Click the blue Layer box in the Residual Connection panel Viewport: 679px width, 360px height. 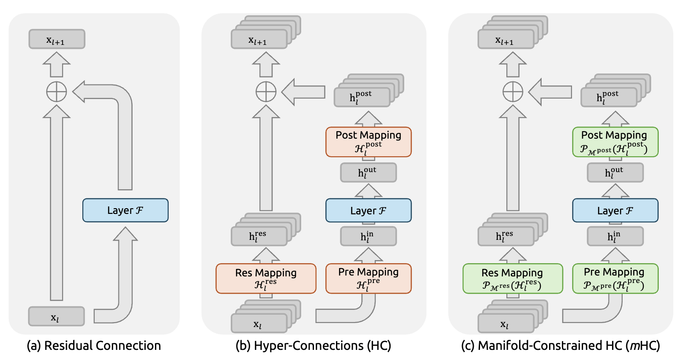pyautogui.click(x=125, y=210)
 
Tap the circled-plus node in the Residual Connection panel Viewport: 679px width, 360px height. pyautogui.click(x=57, y=92)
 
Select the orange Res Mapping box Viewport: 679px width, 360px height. pyautogui.click(x=266, y=278)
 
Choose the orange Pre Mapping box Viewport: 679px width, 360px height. pyautogui.click(x=369, y=278)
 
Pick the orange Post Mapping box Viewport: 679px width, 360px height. pyautogui.click(x=369, y=142)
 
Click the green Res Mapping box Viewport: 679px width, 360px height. pyautogui.click(x=513, y=278)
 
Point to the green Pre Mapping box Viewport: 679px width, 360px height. pyautogui.click(x=615, y=278)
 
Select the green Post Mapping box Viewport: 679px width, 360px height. pyautogui.click(x=615, y=142)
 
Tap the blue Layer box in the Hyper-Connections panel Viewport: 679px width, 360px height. pyautogui.click(x=369, y=210)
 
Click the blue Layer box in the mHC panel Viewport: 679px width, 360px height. pyautogui.click(x=615, y=210)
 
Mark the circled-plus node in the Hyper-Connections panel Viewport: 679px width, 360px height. pyautogui.click(x=266, y=92)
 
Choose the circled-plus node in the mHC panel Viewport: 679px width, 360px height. pyautogui.click(x=513, y=92)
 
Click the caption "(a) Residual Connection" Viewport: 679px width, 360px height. pyautogui.click(x=94, y=346)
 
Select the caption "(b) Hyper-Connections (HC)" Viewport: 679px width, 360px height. pyautogui.click(x=313, y=346)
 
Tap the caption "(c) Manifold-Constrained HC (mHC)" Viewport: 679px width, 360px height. pyautogui.click(x=561, y=346)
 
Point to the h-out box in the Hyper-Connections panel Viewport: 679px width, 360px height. pyautogui.click(x=368, y=173)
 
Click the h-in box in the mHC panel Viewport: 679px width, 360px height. pyautogui.click(x=615, y=236)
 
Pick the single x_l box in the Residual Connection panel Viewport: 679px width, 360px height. pyautogui.click(x=56, y=316)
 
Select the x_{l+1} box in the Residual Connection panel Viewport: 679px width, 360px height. pyautogui.click(x=57, y=39)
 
